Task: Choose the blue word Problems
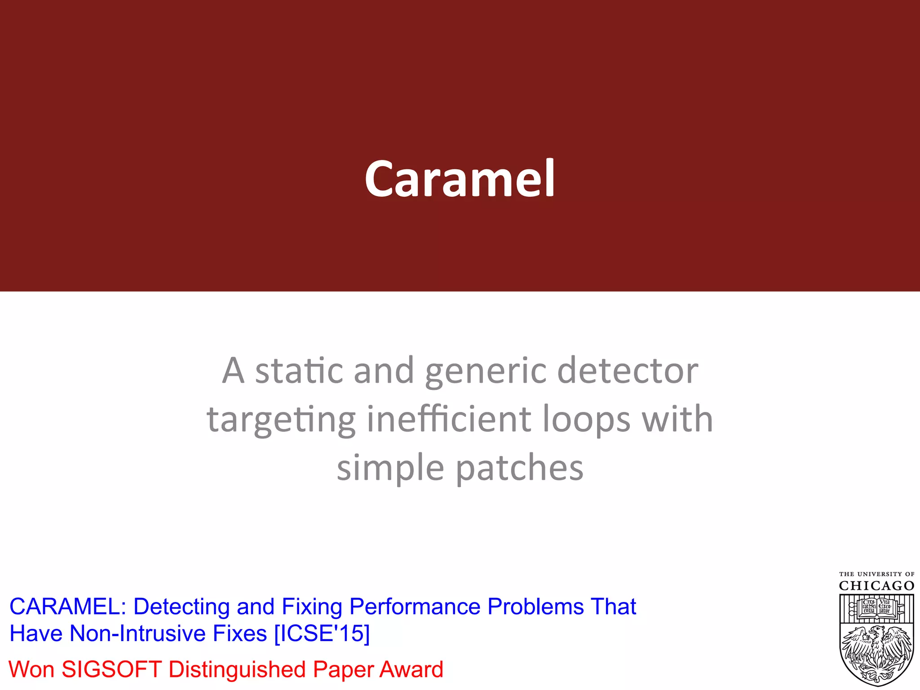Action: tap(535, 607)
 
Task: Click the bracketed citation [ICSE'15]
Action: tap(322, 634)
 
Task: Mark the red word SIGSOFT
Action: tap(111, 669)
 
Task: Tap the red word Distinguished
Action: tap(237, 669)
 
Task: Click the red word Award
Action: tap(411, 669)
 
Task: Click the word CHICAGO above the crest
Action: tap(876, 586)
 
